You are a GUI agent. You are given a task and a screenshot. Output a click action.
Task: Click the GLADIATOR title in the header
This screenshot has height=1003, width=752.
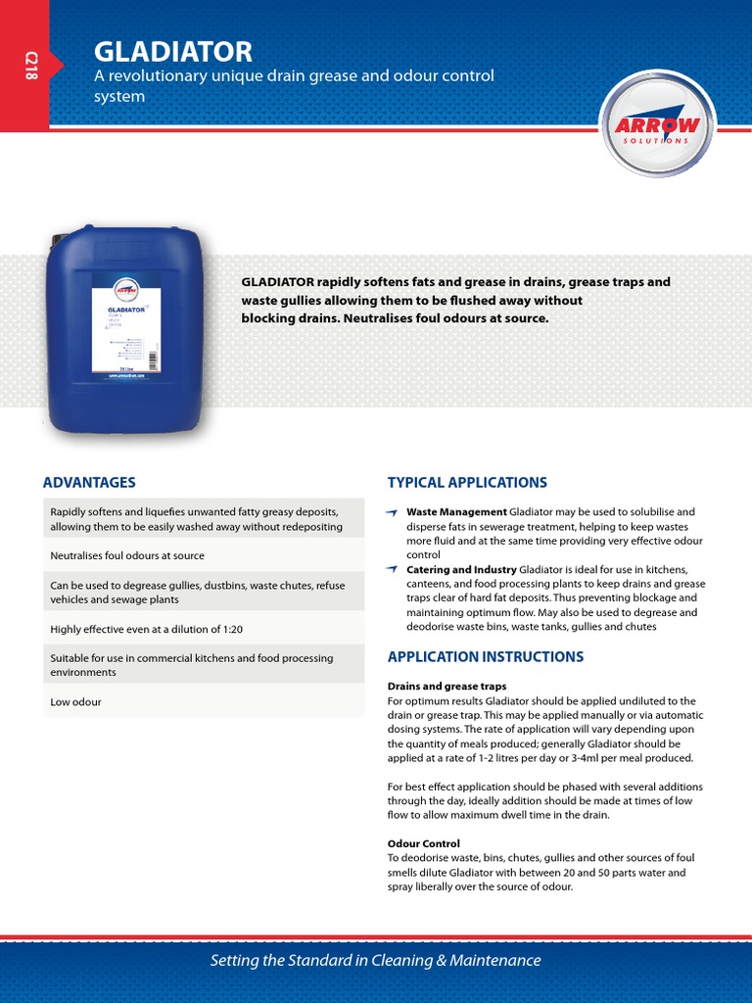pos(172,51)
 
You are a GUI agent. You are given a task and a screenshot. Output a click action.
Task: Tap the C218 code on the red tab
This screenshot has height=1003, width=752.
pos(28,67)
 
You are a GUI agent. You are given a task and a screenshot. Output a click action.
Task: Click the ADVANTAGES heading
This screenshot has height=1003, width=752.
pos(89,482)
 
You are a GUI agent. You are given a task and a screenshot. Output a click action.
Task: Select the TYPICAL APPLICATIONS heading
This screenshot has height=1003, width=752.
pos(467,482)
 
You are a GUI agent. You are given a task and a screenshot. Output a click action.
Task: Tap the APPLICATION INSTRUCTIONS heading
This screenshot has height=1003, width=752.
pos(486,656)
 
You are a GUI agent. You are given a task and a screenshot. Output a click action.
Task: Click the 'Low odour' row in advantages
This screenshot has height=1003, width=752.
pos(75,702)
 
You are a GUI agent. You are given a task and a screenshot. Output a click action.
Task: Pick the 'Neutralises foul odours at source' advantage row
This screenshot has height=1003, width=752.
pos(127,555)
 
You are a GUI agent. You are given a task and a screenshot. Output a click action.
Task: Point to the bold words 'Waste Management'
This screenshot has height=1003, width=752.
pos(456,511)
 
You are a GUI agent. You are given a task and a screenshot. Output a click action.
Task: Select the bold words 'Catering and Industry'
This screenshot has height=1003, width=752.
pos(461,569)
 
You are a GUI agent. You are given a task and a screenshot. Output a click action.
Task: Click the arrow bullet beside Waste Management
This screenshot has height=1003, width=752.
pos(392,512)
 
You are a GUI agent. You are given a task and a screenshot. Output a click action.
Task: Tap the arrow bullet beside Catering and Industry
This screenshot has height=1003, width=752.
pos(392,569)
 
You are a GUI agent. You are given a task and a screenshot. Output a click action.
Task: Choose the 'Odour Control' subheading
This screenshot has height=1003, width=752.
pos(423,843)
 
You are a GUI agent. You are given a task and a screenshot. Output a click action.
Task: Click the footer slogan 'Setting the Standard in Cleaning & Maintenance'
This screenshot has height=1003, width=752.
pos(375,960)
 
